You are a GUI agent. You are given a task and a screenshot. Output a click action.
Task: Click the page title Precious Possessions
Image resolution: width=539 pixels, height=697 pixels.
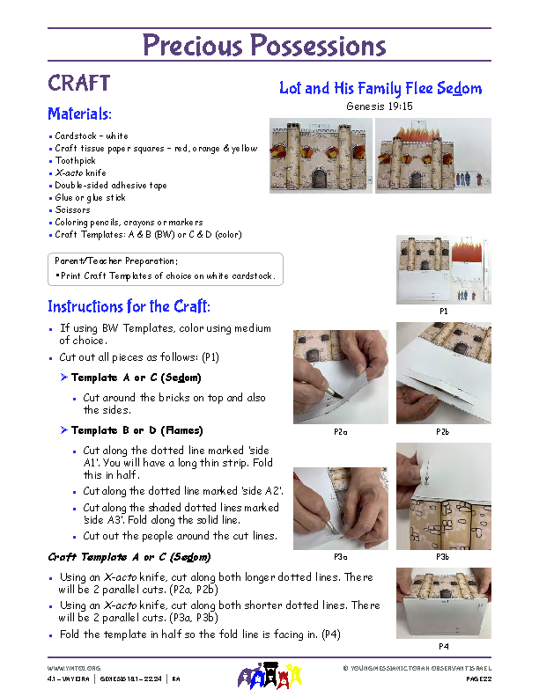264,45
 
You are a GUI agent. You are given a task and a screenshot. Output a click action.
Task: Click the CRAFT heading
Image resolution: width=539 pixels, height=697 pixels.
78,84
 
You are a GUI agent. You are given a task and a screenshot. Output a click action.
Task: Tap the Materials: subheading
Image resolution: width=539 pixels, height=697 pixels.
79,114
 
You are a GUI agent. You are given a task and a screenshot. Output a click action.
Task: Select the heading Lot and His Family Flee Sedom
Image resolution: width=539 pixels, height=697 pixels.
380,88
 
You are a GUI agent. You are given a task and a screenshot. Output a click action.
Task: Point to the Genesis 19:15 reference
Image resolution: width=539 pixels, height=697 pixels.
379,106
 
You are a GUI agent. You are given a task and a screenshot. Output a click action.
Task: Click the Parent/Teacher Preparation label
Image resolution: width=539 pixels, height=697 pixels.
115,261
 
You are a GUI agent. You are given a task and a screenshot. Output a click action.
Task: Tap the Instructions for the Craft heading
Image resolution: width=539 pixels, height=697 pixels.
129,307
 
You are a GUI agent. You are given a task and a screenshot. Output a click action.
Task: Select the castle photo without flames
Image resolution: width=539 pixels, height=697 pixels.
321,155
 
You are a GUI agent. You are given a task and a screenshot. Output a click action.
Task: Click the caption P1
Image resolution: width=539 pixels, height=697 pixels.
443,311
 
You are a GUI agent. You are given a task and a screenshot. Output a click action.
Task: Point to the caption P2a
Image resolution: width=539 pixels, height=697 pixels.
341,433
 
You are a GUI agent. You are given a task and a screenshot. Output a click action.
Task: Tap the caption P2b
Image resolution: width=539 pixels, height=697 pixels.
442,433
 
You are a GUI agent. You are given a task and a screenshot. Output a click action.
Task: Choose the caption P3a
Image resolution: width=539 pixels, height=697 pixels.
341,557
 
